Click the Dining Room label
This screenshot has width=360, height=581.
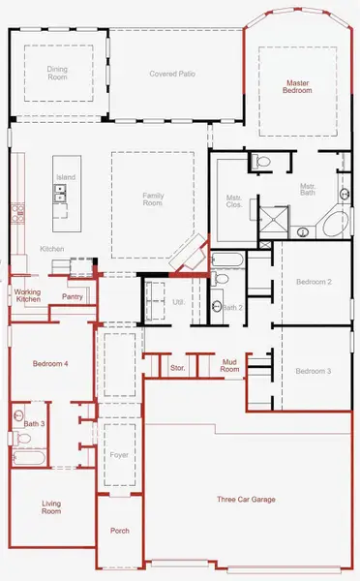pyautogui.click(x=59, y=74)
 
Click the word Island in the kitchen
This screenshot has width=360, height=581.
pyautogui.click(x=65, y=177)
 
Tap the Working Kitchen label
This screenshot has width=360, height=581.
pyautogui.click(x=26, y=295)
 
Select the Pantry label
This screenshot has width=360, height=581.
pyautogui.click(x=72, y=296)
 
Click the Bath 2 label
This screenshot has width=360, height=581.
pyautogui.click(x=231, y=307)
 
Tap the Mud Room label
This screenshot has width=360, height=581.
pyautogui.click(x=229, y=365)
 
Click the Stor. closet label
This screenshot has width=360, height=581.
pyautogui.click(x=177, y=368)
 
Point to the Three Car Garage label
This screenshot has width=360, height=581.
pyautogui.click(x=245, y=500)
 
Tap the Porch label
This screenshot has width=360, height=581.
pyautogui.click(x=120, y=531)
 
